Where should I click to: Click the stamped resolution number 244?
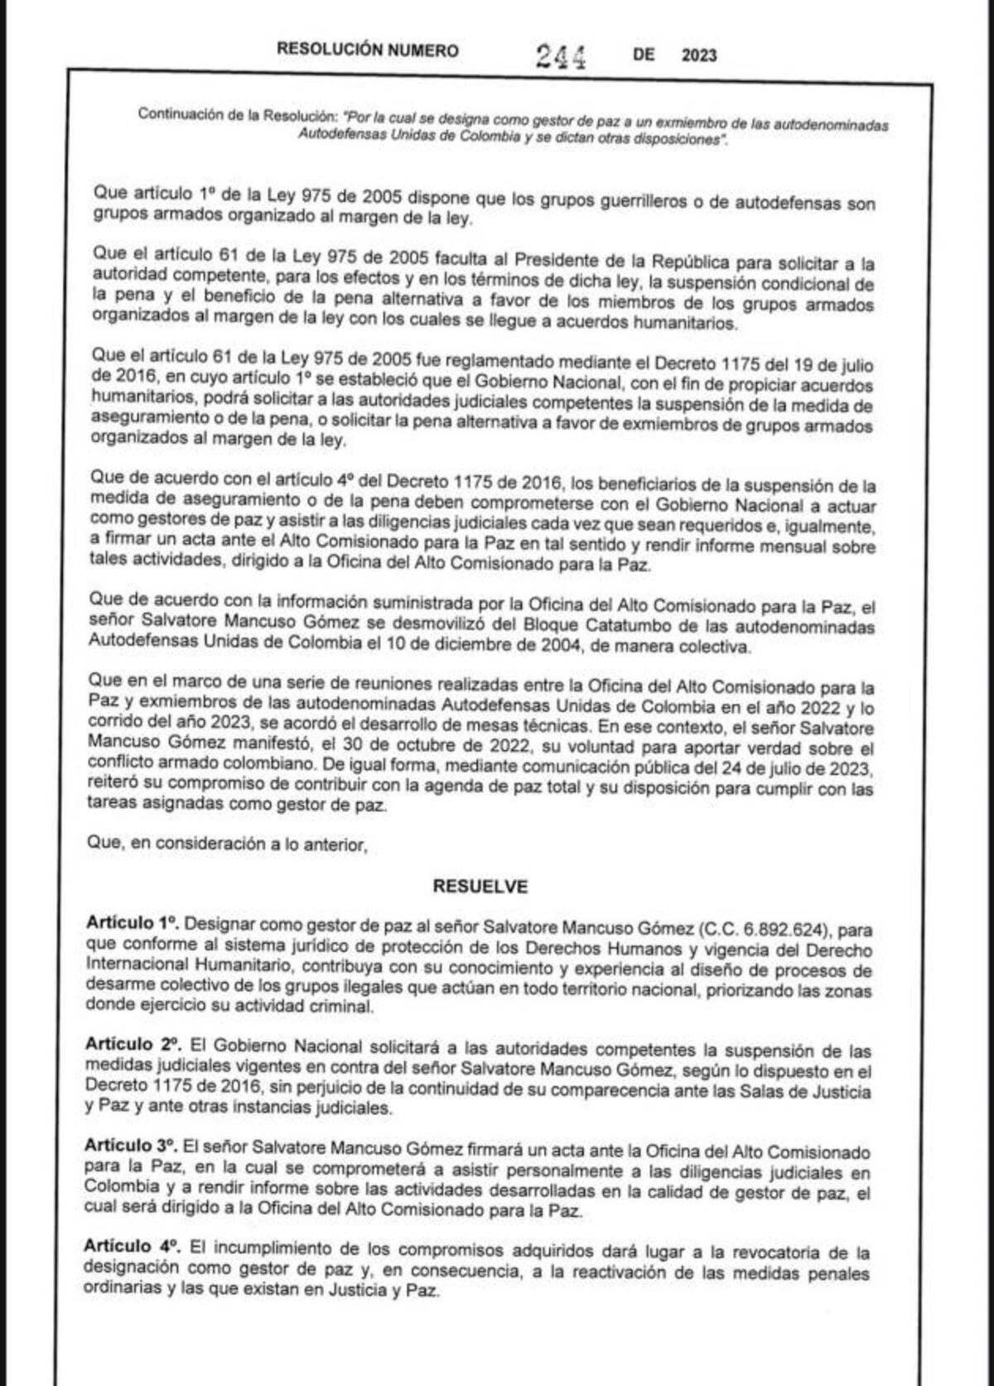click(x=561, y=56)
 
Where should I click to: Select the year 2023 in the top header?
click(x=699, y=55)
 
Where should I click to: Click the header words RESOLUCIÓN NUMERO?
click(x=367, y=51)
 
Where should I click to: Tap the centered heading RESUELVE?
click(x=480, y=887)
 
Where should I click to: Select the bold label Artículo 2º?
click(x=133, y=1045)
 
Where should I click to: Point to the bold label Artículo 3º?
click(x=131, y=1147)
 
